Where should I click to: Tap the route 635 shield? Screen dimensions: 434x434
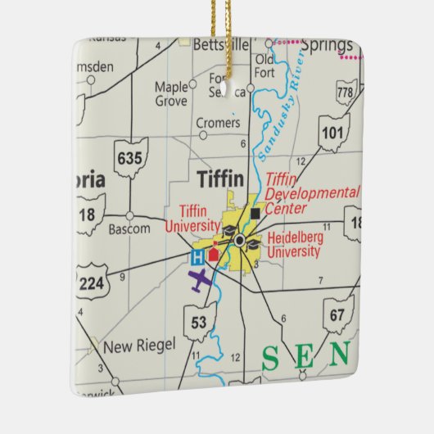131,156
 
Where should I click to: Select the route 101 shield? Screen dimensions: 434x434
332,132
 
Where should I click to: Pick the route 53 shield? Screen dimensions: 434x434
199,322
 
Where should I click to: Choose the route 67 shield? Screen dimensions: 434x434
337,314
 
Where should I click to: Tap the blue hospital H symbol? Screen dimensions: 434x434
197,257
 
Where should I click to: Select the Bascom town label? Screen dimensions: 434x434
129,228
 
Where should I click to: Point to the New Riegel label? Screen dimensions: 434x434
138,346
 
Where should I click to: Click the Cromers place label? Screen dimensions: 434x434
219,123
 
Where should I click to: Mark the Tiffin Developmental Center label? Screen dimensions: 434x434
312,192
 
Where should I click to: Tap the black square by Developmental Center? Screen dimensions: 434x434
255,214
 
